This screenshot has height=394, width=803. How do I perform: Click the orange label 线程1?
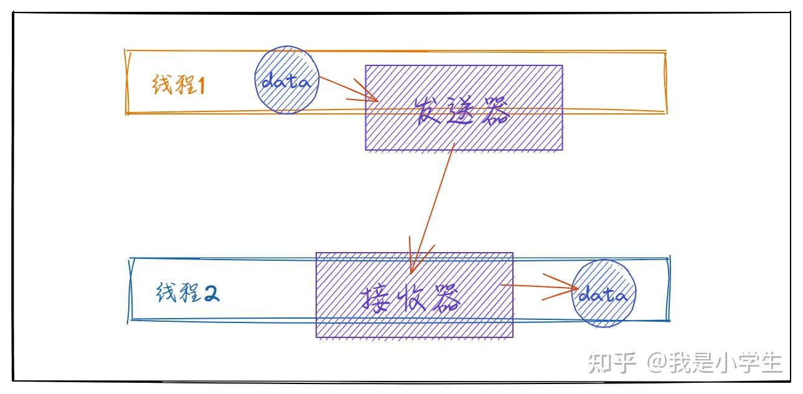click(179, 85)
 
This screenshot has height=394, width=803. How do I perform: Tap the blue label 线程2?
click(188, 293)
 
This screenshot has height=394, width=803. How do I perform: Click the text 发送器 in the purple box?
click(463, 110)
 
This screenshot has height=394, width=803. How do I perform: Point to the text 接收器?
click(411, 298)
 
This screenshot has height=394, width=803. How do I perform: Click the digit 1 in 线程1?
click(201, 85)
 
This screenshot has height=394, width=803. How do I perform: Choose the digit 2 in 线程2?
click(212, 293)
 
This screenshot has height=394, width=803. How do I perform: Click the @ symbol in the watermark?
click(658, 363)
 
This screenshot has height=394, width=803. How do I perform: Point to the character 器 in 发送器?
click(496, 110)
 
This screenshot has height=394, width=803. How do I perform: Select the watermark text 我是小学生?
click(726, 362)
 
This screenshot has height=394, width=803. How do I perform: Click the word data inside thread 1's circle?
click(286, 81)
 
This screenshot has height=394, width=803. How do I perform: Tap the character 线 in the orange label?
click(162, 85)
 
